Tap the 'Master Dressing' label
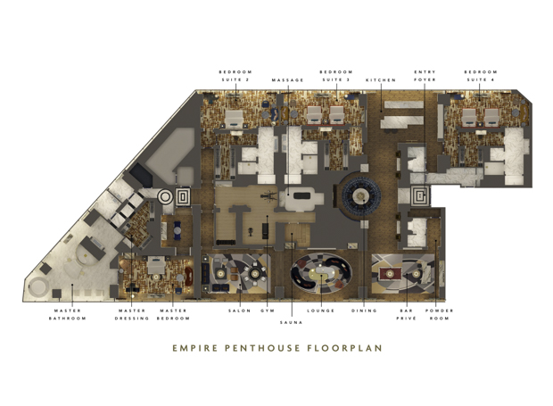[x=132, y=314]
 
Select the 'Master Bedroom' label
[x=173, y=314]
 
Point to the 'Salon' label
[x=240, y=311]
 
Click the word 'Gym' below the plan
[x=268, y=311]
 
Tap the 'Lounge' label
[x=321, y=311]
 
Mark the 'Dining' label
[x=364, y=311]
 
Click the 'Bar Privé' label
[x=407, y=314]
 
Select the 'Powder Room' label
[x=439, y=314]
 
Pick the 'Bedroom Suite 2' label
[x=235, y=76]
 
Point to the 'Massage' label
[x=288, y=80]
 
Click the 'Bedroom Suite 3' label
[x=336, y=76]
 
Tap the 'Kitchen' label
[x=381, y=80]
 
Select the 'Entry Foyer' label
[x=425, y=76]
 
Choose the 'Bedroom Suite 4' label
[x=481, y=76]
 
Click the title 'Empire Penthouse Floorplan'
[x=276, y=349]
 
